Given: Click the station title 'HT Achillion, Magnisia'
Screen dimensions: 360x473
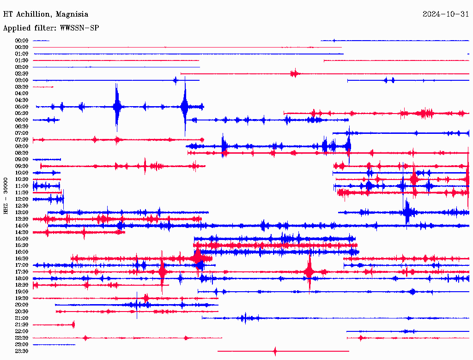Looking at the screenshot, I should pyautogui.click(x=46, y=14).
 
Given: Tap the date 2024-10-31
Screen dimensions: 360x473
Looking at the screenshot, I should pyautogui.click(x=446, y=14).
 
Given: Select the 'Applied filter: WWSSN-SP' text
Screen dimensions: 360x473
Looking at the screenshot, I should pyautogui.click(x=51, y=28).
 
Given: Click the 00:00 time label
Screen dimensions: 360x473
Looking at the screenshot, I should pyautogui.click(x=22, y=41).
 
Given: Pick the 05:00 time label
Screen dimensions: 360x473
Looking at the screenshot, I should pyautogui.click(x=22, y=107).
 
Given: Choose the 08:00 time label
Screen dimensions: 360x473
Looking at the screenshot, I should pyautogui.click(x=22, y=146).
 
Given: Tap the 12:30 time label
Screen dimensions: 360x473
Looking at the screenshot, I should pyautogui.click(x=22, y=206).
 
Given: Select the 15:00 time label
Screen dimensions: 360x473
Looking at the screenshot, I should pyautogui.click(x=22, y=239).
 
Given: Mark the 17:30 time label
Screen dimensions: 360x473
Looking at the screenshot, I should pyautogui.click(x=22, y=272).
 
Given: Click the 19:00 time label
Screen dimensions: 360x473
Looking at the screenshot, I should pyautogui.click(x=22, y=292).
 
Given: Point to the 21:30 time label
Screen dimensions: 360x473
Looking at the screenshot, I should pyautogui.click(x=22, y=325).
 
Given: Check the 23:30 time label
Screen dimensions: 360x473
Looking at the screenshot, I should pyautogui.click(x=22, y=351).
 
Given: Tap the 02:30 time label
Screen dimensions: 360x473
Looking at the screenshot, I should pyautogui.click(x=22, y=74).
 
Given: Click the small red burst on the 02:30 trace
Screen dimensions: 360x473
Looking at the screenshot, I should pyautogui.click(x=295, y=73).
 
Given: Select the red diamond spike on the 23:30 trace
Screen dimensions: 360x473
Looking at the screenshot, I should pyautogui.click(x=275, y=351).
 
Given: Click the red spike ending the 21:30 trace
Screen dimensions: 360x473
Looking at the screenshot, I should pyautogui.click(x=73, y=324).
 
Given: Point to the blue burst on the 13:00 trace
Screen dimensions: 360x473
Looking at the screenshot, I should pyautogui.click(x=407, y=212).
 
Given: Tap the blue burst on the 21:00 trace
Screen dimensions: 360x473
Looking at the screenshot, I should pyautogui.click(x=245, y=318).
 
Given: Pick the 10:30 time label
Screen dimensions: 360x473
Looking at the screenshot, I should pyautogui.click(x=22, y=179).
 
